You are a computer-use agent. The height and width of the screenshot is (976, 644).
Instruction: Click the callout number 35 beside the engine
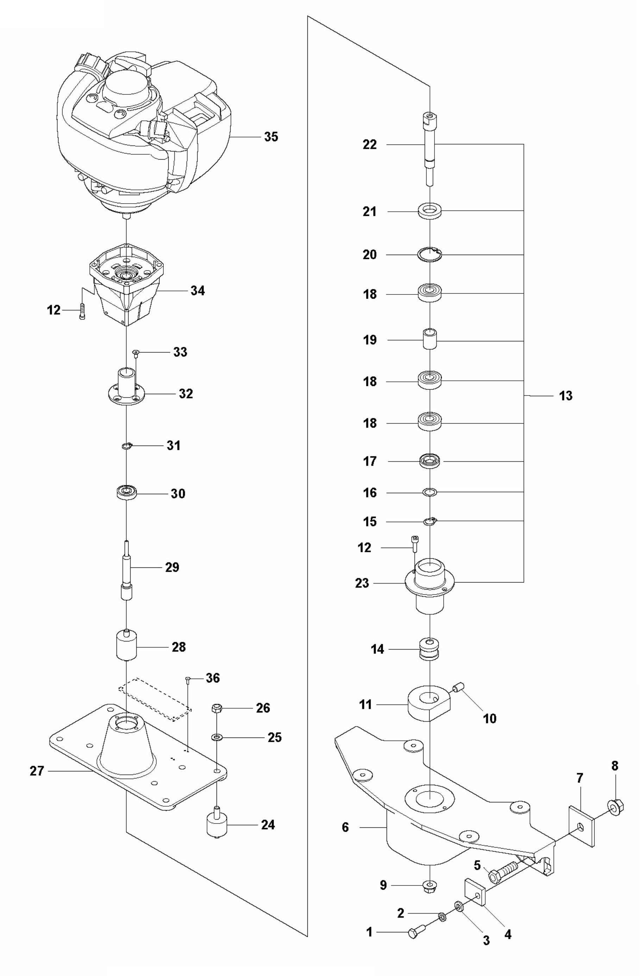[271, 136]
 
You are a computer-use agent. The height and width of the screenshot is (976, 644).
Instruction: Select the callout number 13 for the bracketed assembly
[565, 396]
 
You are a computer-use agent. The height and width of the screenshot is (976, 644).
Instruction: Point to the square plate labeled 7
[581, 826]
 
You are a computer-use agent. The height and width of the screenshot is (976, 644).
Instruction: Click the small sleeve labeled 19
[430, 339]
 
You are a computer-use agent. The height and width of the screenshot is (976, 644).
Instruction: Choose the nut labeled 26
[217, 708]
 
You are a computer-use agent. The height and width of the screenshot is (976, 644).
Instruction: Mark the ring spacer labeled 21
[430, 211]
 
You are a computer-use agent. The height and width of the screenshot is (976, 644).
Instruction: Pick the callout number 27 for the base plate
[37, 771]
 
